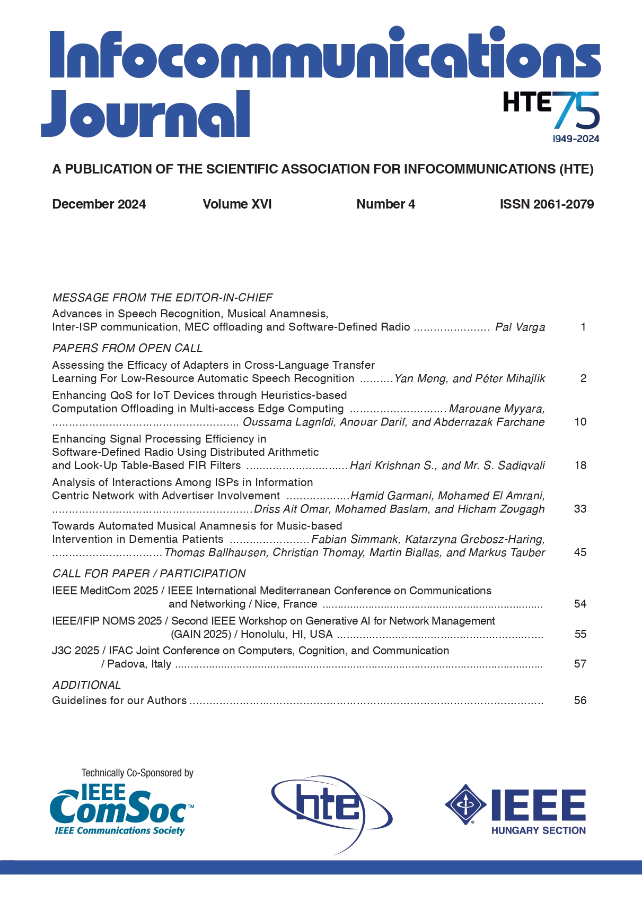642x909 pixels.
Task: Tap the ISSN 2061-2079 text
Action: pos(547,204)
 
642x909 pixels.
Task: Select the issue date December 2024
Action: pos(99,204)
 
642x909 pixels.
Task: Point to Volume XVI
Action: pos(237,204)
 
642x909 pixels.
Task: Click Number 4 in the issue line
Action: pos(385,204)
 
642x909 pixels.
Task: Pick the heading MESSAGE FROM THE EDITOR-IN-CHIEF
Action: pos(162,298)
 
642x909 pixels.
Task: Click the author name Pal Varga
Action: pos(520,327)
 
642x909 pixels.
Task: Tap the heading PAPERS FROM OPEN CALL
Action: pos(127,348)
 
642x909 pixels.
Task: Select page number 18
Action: pos(580,465)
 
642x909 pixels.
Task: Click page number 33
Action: pos(580,509)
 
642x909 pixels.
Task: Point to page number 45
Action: pos(580,552)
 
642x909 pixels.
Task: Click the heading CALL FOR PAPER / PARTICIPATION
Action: pos(149,574)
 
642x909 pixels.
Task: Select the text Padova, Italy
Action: pos(139,664)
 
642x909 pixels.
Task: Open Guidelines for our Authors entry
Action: pos(119,700)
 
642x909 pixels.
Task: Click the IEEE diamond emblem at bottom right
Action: pos(465,804)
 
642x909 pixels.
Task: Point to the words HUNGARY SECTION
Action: pos(538,830)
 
